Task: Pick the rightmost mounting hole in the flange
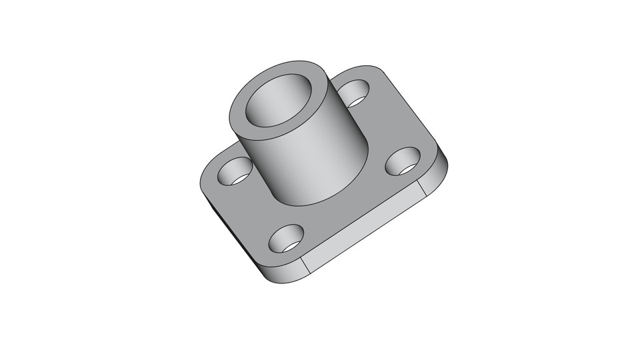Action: coord(402,160)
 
